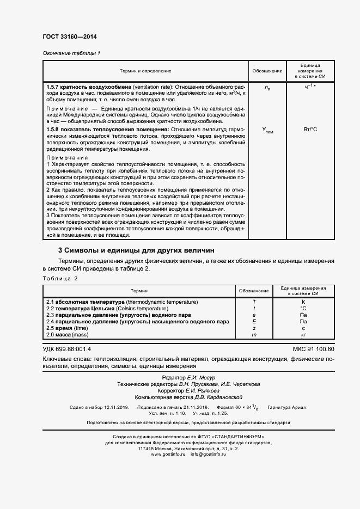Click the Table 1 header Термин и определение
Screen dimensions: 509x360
coord(145,71)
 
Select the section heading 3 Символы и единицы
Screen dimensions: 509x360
coord(136,250)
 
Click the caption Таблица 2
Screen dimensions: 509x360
coord(60,278)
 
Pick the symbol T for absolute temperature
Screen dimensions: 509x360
coord(254,302)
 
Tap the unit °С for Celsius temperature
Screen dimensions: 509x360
coord(303,308)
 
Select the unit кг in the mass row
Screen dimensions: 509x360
coord(303,335)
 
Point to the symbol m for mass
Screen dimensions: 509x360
coord(254,335)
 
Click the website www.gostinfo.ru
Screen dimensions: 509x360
coord(169,454)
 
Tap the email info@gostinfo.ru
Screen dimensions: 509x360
coord(208,454)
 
